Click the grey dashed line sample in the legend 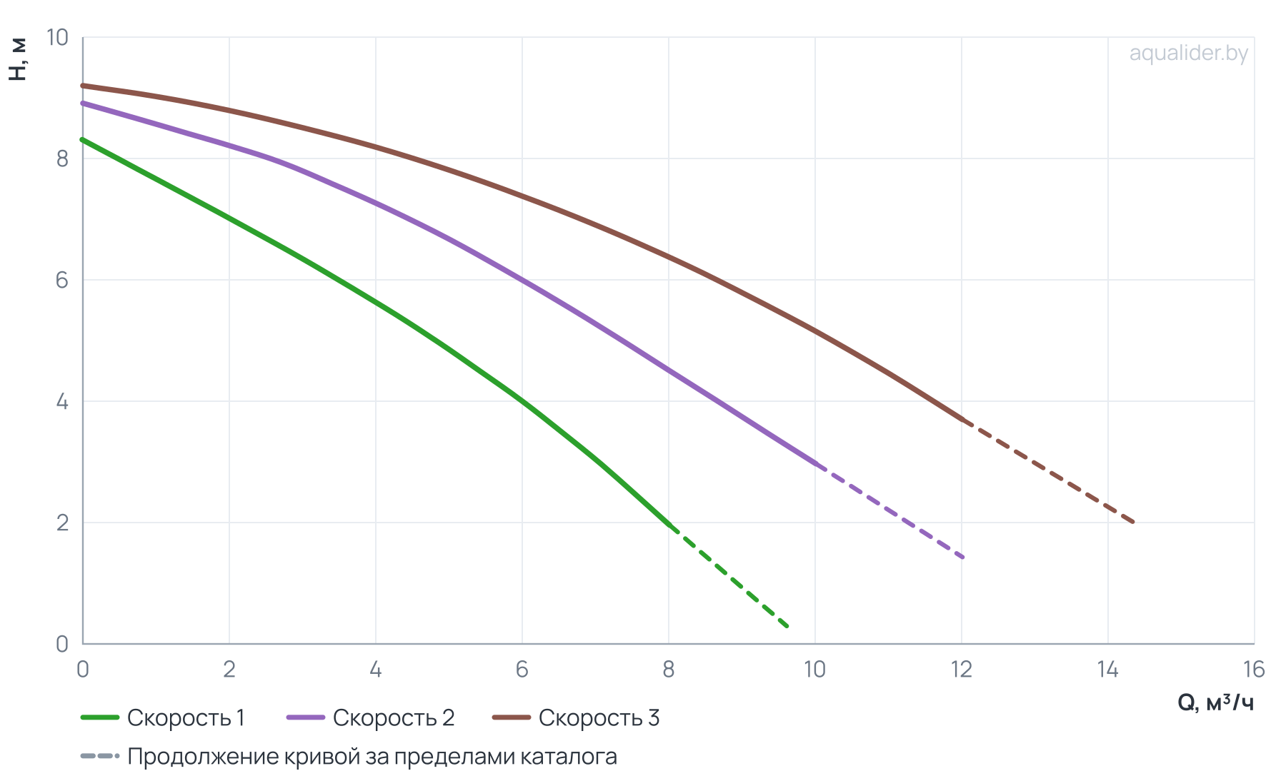(99, 756)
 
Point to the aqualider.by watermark (1189, 53)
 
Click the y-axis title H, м (18, 60)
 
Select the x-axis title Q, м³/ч (1215, 703)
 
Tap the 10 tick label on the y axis (58, 37)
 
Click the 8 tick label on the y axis (63, 158)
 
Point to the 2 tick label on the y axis (63, 523)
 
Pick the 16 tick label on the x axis (1254, 670)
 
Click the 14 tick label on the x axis (1107, 670)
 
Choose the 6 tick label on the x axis (522, 670)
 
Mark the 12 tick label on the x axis (961, 670)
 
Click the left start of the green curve (83, 140)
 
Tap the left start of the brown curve (83, 86)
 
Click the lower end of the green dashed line (787, 626)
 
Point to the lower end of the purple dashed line (962, 557)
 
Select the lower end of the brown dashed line (1132, 522)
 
